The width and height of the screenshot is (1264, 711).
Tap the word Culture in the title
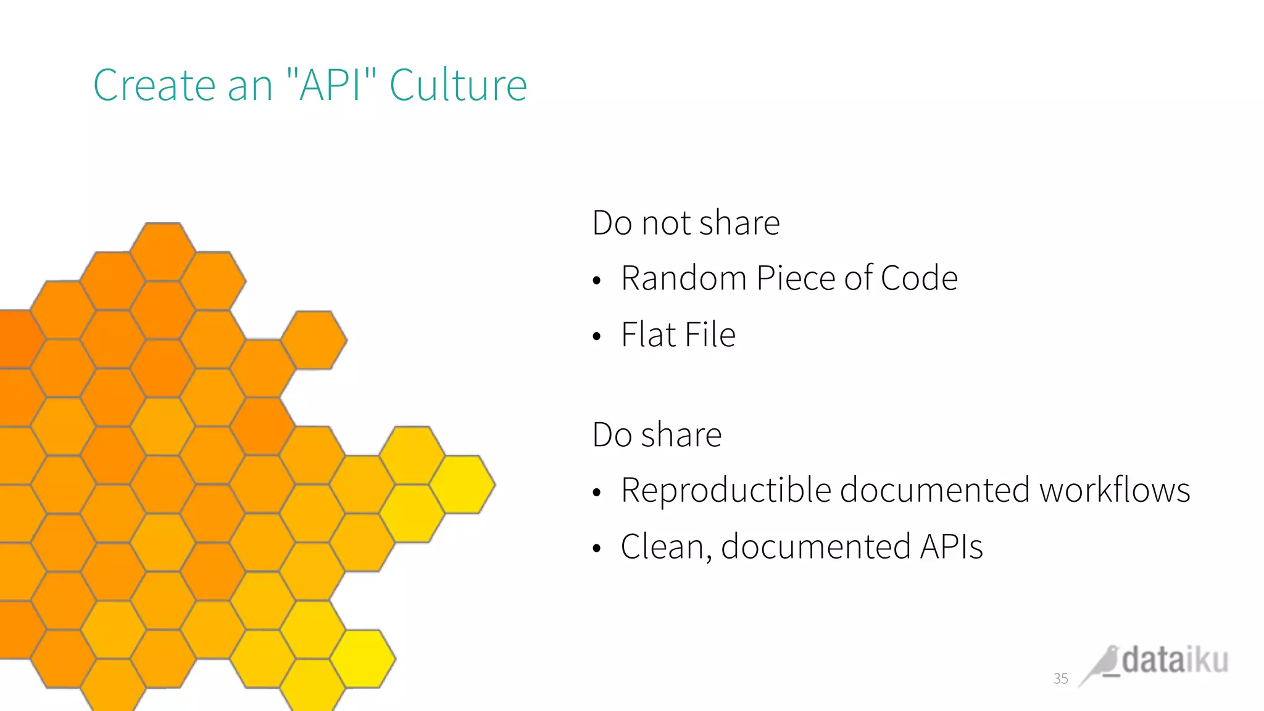458,85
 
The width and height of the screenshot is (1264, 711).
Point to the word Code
919,278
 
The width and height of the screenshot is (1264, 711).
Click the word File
710,335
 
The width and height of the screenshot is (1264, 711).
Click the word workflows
1114,491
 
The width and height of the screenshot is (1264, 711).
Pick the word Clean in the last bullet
662,547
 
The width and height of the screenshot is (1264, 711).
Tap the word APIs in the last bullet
951,547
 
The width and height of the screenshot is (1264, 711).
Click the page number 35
1060,679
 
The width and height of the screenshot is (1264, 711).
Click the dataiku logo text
1175,660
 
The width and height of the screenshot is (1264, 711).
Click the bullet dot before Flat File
596,337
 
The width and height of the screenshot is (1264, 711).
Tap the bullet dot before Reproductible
596,493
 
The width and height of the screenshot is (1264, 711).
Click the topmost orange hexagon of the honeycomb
163,251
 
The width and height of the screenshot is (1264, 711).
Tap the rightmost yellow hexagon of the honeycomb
463,484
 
